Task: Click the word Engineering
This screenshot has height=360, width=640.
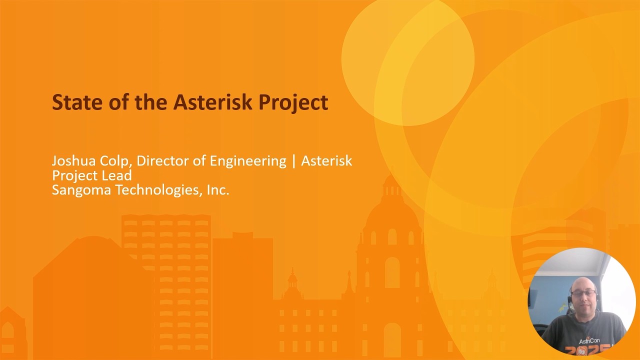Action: pyautogui.click(x=247, y=161)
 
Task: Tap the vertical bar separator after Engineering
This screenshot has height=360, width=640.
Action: pyautogui.click(x=294, y=161)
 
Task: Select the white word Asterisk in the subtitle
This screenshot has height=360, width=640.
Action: pyautogui.click(x=326, y=161)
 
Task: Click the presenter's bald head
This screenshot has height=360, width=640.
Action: pyautogui.click(x=583, y=282)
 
